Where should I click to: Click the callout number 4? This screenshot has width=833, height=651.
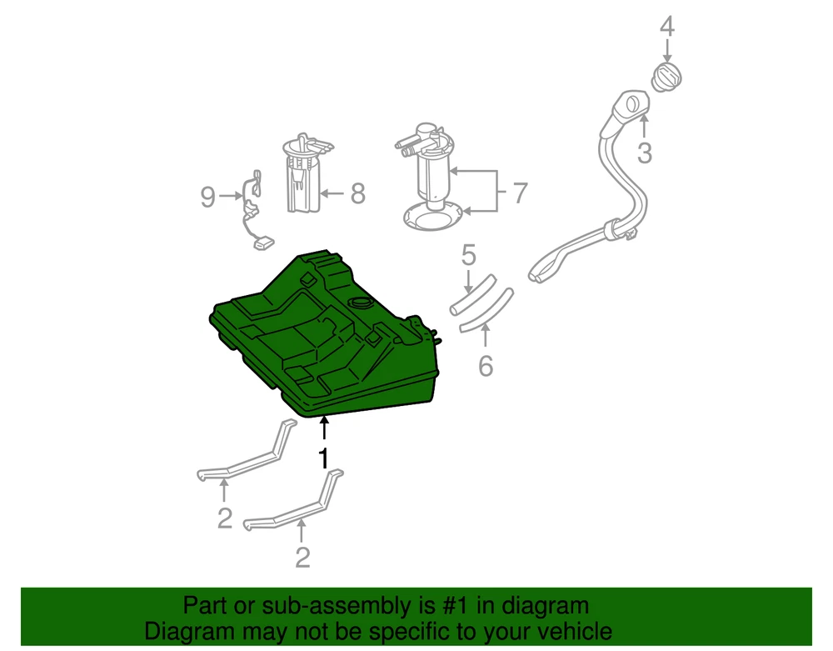coord(667,27)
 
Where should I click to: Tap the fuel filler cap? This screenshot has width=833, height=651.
coord(666,77)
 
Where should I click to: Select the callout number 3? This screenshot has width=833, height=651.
coord(645,153)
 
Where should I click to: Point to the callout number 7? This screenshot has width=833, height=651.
coord(521,193)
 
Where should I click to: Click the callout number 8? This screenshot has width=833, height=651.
coord(358,193)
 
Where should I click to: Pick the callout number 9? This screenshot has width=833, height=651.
coord(207,197)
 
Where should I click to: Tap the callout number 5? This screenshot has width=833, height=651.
coord(468,255)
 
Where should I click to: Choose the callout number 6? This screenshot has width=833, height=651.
coord(486,366)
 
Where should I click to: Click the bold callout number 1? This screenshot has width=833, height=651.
coord(323,458)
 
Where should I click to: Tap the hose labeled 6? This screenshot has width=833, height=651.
coord(486,310)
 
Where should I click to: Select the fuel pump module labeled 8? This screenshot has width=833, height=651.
coord(304,173)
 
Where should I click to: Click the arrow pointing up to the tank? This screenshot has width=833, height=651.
coord(323,429)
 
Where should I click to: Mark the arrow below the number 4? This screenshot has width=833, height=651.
coord(667,52)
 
